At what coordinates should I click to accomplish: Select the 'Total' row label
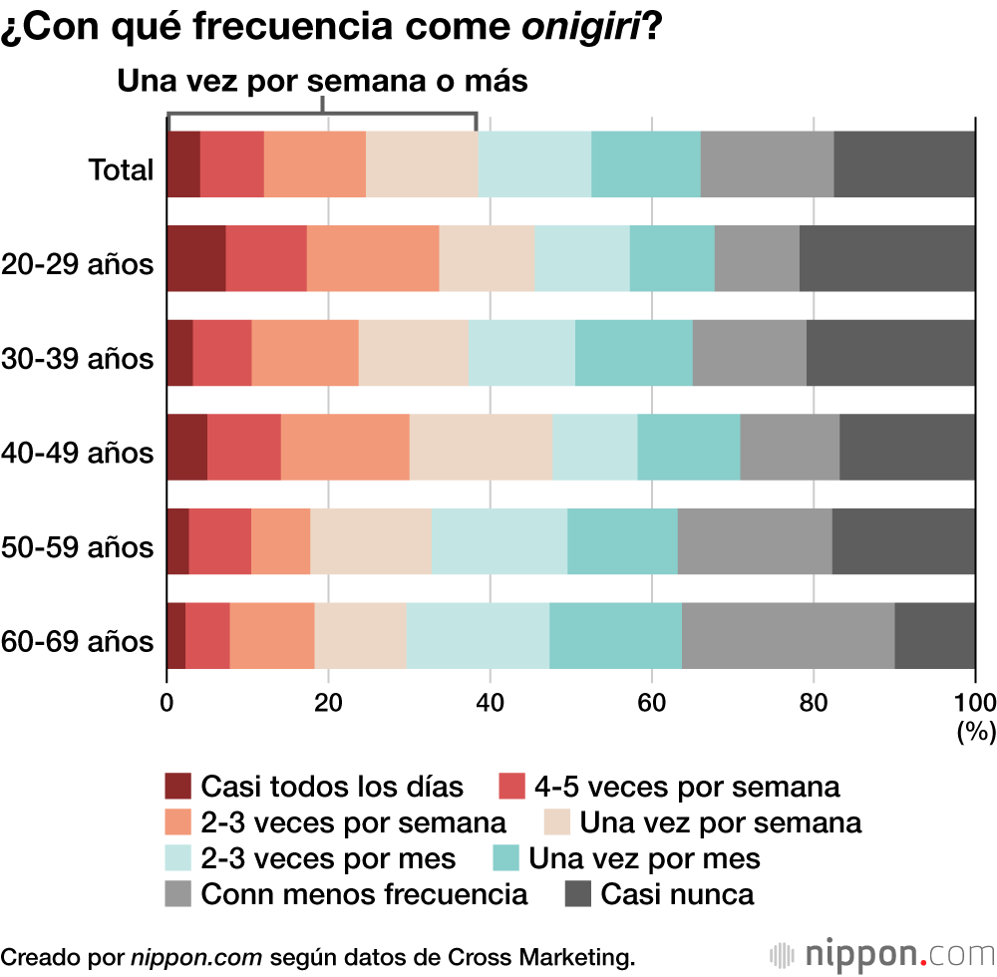122,170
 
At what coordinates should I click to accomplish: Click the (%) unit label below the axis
976,733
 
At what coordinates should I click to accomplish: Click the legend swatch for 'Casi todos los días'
178,787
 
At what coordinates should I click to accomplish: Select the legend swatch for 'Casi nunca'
579,893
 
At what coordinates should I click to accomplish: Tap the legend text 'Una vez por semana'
720,822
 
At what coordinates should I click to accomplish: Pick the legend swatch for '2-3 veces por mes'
178,858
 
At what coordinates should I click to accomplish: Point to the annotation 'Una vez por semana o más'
322,81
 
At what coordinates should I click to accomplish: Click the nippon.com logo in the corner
881,954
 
